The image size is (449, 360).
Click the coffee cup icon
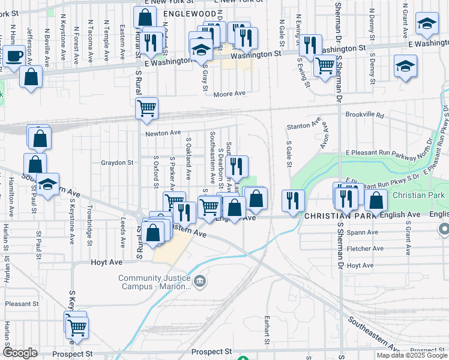16,56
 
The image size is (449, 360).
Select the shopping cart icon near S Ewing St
325,65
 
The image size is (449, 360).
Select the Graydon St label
116,163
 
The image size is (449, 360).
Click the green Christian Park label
418,196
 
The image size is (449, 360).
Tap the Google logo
20,353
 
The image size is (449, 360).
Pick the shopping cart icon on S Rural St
146,109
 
